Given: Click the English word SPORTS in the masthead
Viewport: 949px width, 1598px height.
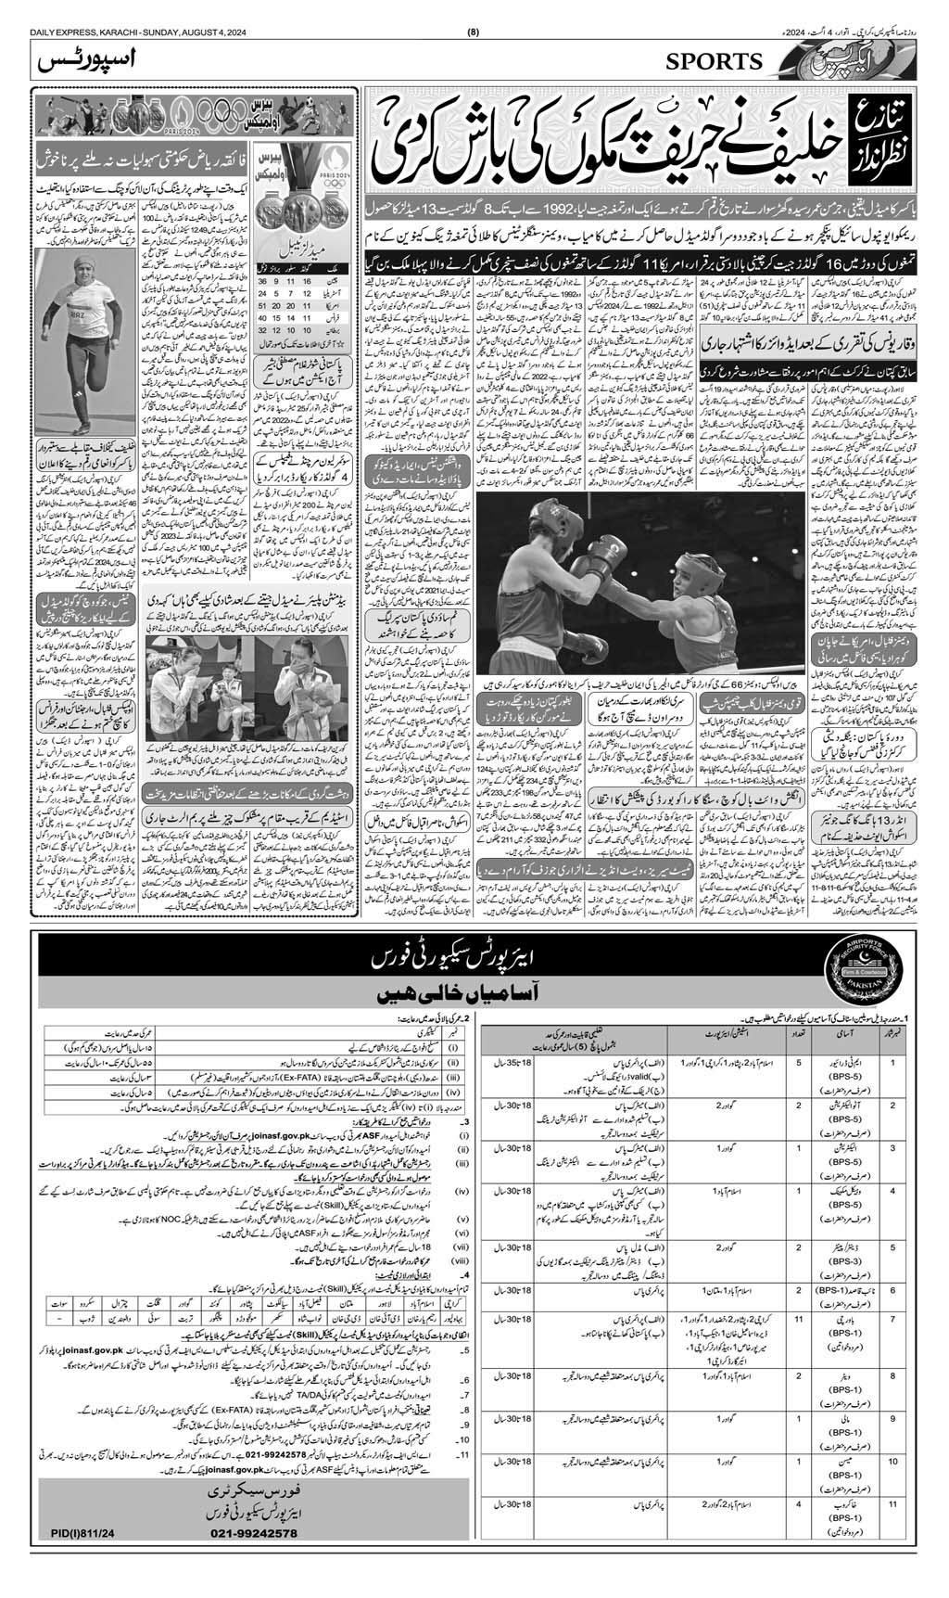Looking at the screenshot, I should [x=713, y=62].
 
